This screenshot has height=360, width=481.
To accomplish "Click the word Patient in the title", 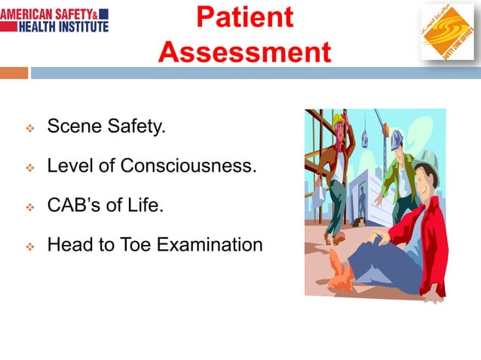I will coord(244,18).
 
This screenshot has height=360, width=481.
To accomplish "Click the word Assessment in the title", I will coord(244,52).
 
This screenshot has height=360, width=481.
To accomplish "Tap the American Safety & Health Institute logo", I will coord(54,20).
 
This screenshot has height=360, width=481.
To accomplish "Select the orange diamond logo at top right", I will coord(446,32).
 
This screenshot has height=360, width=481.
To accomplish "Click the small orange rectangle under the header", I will coord(14,73).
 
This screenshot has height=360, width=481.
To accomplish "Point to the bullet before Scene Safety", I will coord(30,129).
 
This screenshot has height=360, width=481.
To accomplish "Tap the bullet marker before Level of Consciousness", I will coord(30,168).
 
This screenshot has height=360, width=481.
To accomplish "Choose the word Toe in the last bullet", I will coord(134,244).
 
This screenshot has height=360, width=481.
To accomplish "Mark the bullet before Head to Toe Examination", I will coord(30,246).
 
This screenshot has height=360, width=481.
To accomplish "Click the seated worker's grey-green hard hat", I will coord(427,160).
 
